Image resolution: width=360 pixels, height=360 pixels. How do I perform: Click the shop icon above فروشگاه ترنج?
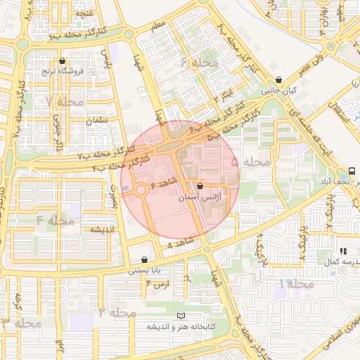64,61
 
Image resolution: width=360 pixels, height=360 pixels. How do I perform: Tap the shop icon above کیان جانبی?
280,80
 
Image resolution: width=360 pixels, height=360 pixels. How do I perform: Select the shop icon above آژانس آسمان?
201,187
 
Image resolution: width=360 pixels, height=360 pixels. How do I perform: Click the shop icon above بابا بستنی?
145,259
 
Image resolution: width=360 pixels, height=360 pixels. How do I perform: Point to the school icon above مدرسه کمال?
343,251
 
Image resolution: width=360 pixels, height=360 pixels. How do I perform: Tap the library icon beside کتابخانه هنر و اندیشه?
184,316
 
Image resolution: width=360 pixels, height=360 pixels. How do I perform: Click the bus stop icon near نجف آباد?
351,171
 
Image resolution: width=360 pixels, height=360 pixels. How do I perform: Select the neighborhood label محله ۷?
65,102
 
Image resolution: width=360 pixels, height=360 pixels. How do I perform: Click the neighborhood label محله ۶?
199,63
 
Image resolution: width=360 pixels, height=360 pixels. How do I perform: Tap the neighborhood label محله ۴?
56,221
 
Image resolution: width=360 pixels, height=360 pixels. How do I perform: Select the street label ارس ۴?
157,283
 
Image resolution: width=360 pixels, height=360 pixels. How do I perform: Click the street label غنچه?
84,13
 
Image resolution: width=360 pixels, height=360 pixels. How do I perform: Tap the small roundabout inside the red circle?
141,189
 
